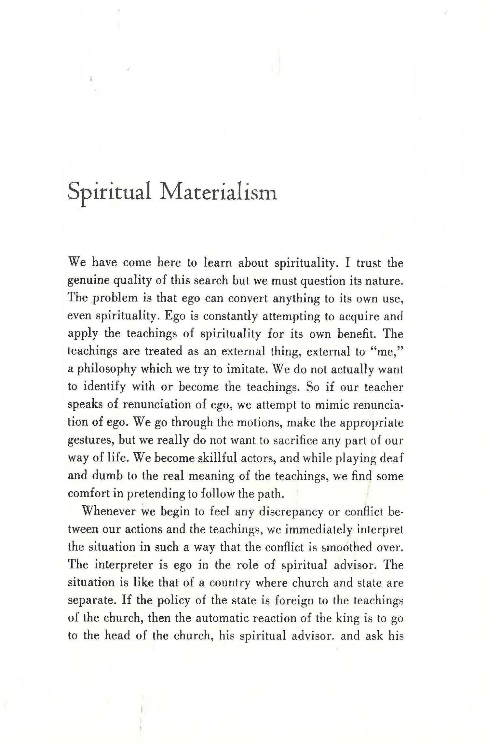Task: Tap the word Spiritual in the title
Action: point(109,193)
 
